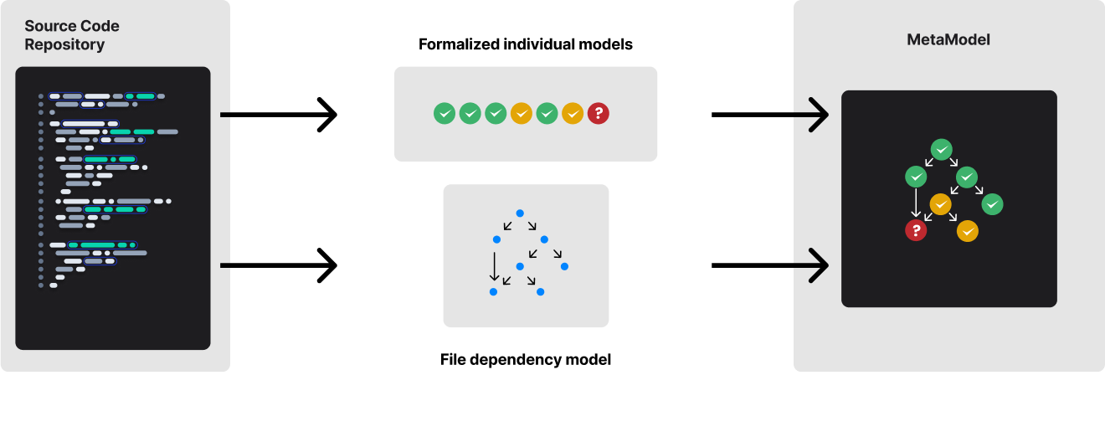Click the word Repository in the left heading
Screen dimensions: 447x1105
pos(64,45)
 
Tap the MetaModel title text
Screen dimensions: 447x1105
pos(948,39)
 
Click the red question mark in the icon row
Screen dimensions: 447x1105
pos(598,113)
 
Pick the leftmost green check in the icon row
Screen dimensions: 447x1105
pos(445,113)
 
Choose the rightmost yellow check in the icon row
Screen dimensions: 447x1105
pos(572,113)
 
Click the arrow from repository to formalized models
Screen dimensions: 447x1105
pos(278,115)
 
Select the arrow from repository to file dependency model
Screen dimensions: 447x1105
pos(278,265)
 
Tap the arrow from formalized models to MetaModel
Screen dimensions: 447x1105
pos(769,115)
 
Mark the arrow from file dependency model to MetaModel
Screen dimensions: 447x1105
pos(769,265)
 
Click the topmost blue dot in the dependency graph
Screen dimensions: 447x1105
pos(519,213)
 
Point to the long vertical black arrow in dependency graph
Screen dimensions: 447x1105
pos(494,265)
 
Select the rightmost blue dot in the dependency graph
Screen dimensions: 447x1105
pos(564,266)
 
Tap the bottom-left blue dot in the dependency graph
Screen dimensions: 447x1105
pos(493,291)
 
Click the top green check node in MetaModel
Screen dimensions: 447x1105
pos(942,150)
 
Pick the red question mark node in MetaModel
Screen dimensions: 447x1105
pos(916,230)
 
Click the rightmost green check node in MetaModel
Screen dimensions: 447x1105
pos(993,203)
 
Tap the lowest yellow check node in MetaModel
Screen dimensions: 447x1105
pos(968,231)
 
